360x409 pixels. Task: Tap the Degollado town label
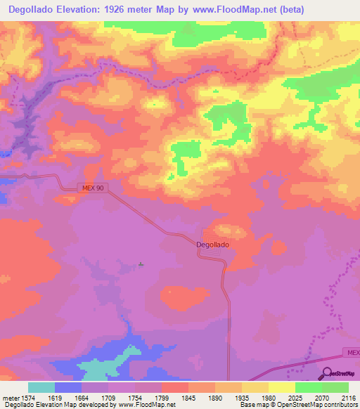212,245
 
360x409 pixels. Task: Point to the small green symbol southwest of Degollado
141,265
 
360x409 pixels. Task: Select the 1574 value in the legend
28,398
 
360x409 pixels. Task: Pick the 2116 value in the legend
347,398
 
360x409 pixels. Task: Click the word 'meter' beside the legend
11,398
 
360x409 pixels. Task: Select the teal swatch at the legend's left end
41,387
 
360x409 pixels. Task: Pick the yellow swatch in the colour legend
281,387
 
